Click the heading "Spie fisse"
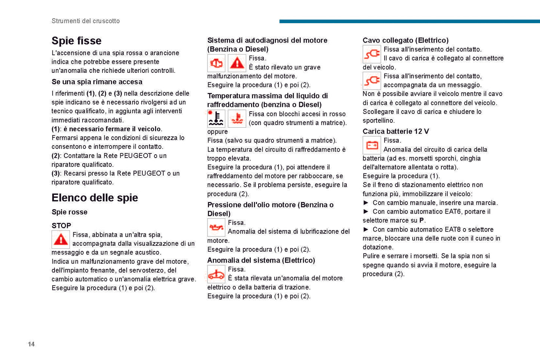tap(76, 41)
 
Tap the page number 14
tap(31, 344)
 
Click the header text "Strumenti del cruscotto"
tap(86, 21)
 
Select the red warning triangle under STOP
tap(61, 239)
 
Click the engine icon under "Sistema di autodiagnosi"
tap(216, 63)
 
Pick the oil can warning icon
tap(216, 227)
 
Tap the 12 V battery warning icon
tap(371, 145)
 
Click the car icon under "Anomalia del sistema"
tap(216, 274)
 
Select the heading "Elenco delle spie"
tap(95, 198)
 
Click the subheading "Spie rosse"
tap(70, 212)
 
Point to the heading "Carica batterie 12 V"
tap(396, 131)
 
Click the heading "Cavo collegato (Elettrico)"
tap(405, 40)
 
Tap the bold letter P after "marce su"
tap(422, 221)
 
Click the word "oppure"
tap(217, 132)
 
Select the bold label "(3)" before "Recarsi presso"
tap(56, 174)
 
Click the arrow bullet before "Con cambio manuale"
tap(366, 203)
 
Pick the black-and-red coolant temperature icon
tap(216, 118)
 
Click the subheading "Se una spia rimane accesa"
tap(97, 82)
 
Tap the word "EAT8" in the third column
tap(453, 230)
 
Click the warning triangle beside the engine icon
tap(237, 63)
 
